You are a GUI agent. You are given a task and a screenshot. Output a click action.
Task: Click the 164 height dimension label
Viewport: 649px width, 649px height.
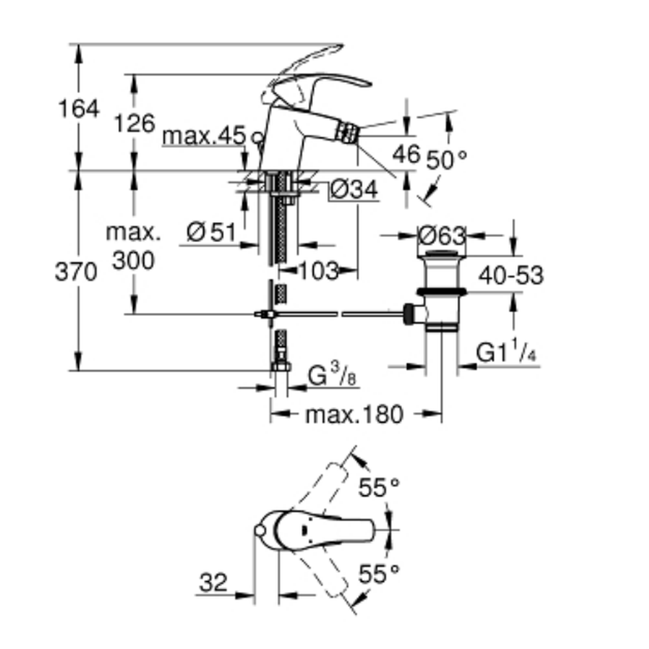click(79, 108)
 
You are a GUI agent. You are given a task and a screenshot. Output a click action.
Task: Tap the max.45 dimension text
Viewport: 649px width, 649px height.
click(204, 136)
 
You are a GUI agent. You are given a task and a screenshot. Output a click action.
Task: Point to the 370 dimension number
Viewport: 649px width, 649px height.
click(75, 273)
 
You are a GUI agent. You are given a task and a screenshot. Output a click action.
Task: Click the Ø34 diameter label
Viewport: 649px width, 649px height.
click(353, 190)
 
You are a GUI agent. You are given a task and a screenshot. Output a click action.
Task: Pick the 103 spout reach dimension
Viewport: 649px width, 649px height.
click(319, 271)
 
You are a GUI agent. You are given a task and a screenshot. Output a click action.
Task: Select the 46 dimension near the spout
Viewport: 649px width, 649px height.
click(406, 154)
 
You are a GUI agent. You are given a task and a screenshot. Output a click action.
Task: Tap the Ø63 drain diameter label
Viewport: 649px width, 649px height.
click(442, 235)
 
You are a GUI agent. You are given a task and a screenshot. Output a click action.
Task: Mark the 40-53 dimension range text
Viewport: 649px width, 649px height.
click(511, 276)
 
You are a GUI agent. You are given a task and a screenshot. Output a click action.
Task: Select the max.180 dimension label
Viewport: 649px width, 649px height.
click(354, 414)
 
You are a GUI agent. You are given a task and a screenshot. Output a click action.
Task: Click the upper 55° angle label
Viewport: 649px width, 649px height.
click(380, 488)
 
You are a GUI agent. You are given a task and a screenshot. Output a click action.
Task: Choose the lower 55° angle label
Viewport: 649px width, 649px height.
click(380, 574)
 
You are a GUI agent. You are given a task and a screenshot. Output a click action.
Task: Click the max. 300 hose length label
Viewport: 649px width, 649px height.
click(134, 246)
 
